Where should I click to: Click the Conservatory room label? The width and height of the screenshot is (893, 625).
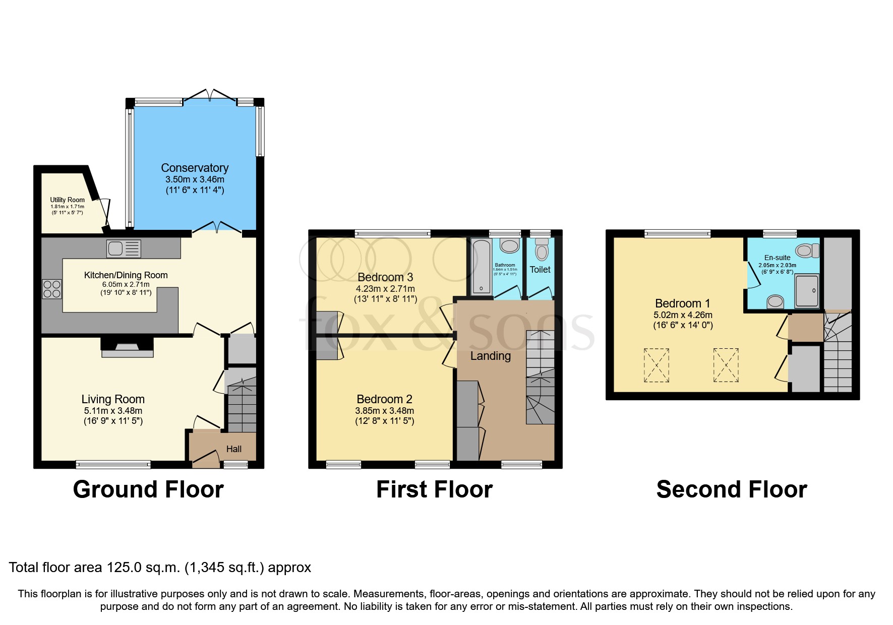[x=195, y=168]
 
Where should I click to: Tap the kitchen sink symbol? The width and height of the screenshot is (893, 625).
[x=124, y=248]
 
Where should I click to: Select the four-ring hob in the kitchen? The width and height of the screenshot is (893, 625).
[x=52, y=289]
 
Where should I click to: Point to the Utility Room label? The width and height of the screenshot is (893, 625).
[x=67, y=200]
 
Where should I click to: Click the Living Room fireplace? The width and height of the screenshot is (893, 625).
[x=127, y=348]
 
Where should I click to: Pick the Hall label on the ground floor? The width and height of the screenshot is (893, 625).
[x=233, y=449]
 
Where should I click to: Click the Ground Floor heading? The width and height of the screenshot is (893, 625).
[x=148, y=489]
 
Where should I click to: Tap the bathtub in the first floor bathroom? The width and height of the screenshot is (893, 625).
[x=481, y=267]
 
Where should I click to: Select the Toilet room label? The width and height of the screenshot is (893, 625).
[x=540, y=270]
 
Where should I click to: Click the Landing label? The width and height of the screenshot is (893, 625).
[x=490, y=356]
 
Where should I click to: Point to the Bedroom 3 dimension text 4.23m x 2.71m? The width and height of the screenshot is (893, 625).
[x=385, y=289]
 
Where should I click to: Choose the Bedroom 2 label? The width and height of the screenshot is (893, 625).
[x=384, y=399]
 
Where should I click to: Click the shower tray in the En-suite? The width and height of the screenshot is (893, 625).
[x=807, y=290]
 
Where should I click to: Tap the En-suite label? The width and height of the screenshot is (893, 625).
[x=777, y=258]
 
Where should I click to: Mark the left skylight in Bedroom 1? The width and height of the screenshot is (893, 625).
[x=657, y=365]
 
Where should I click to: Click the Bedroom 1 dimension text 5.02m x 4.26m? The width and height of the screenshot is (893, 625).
[x=683, y=315]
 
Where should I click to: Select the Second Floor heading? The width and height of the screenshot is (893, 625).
[x=731, y=489]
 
